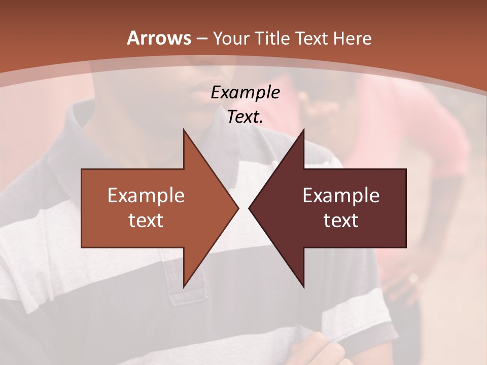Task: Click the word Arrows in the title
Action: click(159, 38)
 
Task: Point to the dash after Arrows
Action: click(201, 39)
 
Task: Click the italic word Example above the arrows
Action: click(245, 92)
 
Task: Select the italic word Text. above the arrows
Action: click(245, 117)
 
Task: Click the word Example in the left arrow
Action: click(146, 195)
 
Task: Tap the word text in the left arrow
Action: click(146, 221)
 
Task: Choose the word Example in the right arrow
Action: click(341, 195)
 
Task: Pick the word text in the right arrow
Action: click(341, 221)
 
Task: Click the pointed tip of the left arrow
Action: click(238, 208)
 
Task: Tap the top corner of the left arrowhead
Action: click(184, 130)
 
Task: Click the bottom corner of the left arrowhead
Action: click(184, 286)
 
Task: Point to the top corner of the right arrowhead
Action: click(303, 130)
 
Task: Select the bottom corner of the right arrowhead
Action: click(303, 286)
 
